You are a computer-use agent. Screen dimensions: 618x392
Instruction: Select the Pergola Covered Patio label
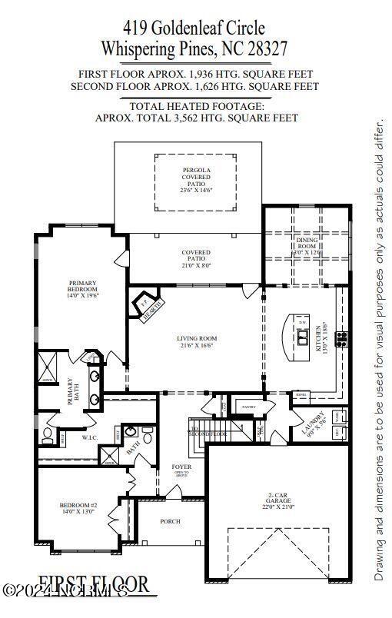(196, 181)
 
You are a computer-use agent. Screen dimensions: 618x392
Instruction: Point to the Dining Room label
(307, 245)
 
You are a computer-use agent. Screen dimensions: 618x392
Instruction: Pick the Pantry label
(248, 406)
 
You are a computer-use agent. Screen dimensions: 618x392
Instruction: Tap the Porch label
(170, 521)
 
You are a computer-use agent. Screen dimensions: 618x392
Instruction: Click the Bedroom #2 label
(78, 509)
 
